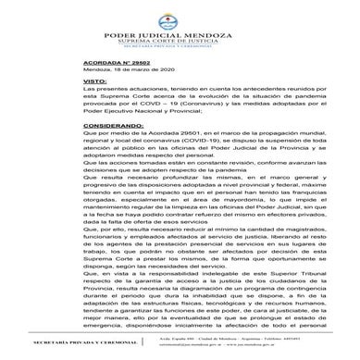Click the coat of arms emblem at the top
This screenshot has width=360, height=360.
180,18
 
